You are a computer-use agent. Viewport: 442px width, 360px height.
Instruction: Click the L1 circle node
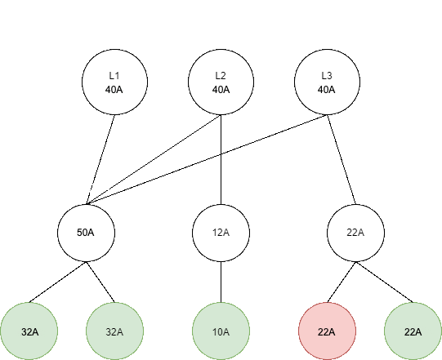click(114, 82)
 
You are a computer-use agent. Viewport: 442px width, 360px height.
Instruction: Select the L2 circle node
click(221, 82)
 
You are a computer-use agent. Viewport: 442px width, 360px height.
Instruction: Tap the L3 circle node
click(327, 82)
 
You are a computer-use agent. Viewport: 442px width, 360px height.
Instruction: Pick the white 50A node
click(87, 233)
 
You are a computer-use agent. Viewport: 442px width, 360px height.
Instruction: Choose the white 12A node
click(221, 233)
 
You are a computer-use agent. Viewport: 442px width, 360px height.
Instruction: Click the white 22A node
click(355, 233)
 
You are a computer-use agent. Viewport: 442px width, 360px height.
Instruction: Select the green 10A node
click(221, 331)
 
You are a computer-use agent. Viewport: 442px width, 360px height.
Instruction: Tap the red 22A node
click(328, 331)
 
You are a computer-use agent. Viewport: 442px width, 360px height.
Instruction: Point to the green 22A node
click(413, 331)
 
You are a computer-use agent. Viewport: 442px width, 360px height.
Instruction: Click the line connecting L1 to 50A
click(100, 159)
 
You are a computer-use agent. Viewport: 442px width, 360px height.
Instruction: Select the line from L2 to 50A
click(154, 159)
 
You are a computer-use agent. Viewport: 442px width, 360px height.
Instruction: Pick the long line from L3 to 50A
click(207, 159)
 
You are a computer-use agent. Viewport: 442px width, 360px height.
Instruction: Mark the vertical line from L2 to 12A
click(221, 159)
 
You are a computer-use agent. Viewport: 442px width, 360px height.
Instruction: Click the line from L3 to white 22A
click(342, 159)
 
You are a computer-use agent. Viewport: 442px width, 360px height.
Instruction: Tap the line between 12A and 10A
click(221, 282)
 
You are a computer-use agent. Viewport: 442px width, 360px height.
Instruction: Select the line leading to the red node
click(342, 282)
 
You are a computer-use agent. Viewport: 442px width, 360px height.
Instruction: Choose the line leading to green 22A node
click(384, 282)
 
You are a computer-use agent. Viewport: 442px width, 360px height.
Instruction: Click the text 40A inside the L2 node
click(221, 90)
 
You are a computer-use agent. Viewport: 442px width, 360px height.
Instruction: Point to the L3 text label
click(327, 75)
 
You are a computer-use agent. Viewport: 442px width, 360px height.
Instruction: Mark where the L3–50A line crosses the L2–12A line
click(221, 154)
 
